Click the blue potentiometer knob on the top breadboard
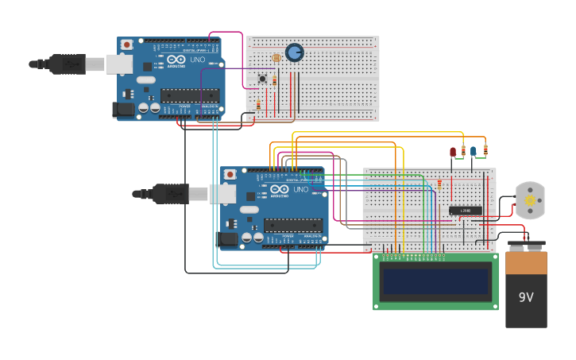(294, 52)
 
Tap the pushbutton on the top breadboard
(262, 78)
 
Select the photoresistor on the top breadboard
(276, 58)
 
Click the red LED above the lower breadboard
(453, 151)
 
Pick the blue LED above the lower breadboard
(474, 151)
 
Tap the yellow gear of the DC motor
(530, 201)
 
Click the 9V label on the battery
(526, 297)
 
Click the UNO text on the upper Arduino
(198, 60)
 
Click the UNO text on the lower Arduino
(301, 190)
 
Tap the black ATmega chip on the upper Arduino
(189, 95)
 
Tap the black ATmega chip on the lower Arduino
(292, 225)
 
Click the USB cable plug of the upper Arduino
(68, 64)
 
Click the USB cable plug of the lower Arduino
(170, 193)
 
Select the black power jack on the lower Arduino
(228, 238)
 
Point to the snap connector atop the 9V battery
(526, 246)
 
